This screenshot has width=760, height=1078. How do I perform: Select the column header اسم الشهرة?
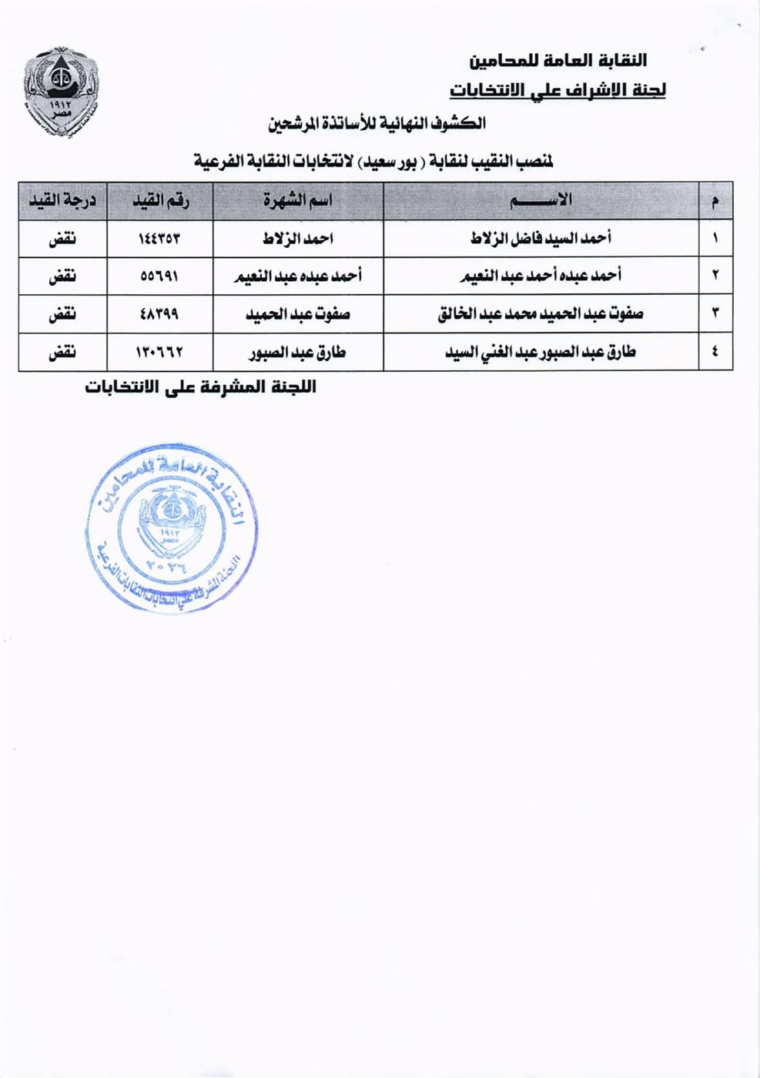[x=298, y=201]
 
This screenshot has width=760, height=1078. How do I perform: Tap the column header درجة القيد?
[x=62, y=201]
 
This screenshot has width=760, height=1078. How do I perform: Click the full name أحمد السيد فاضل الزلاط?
[x=541, y=239]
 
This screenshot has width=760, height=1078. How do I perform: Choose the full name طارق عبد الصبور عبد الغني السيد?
[x=541, y=353]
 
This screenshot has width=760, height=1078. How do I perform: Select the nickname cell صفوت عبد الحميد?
[x=298, y=314]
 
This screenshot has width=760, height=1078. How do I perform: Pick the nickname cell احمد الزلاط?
[x=298, y=239]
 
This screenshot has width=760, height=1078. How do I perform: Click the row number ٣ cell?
[x=715, y=314]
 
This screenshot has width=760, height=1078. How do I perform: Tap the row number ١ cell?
[x=715, y=239]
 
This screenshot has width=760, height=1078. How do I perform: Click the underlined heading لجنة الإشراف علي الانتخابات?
[x=557, y=90]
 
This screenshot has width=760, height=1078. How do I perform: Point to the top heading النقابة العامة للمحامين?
[x=557, y=60]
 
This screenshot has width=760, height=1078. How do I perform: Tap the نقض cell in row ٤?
[x=62, y=353]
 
